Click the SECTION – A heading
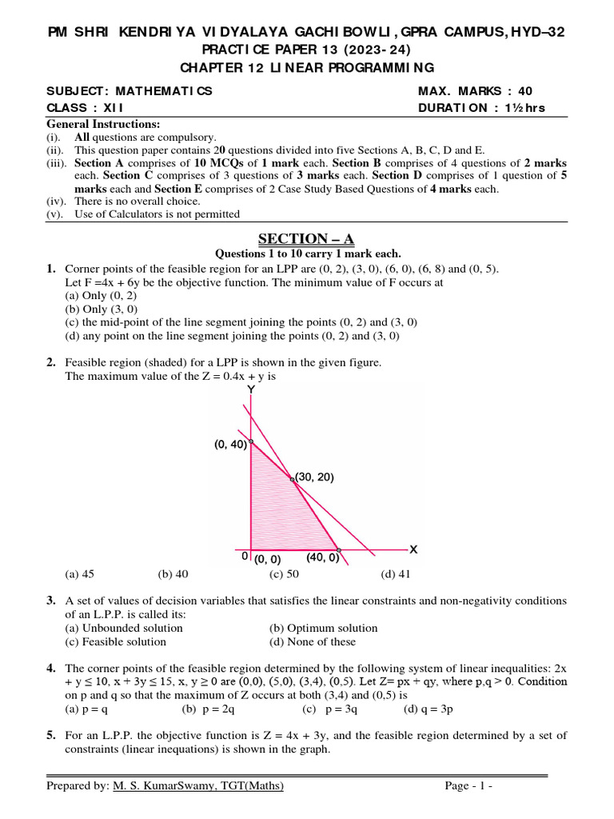305,238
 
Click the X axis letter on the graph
413,549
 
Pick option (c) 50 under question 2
284,574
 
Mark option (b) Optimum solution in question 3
323,628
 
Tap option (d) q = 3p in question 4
431,709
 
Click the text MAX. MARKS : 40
475,91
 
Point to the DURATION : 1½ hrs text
481,109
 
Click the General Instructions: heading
103,124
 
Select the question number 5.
50,735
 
